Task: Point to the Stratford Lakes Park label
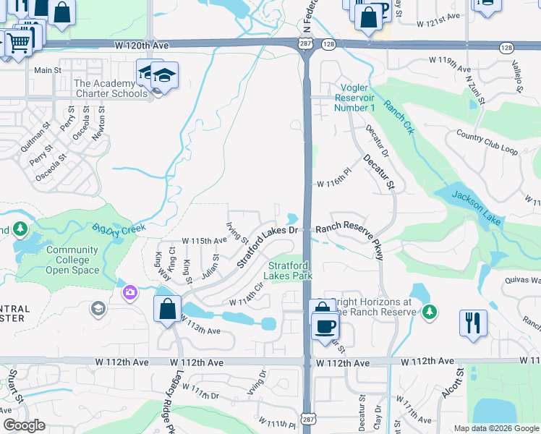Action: (x=291, y=271)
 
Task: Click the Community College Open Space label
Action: (x=72, y=260)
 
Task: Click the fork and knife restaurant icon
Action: (x=473, y=322)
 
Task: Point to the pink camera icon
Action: (x=130, y=293)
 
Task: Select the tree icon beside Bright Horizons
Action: (x=430, y=312)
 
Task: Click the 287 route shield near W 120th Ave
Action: (x=304, y=45)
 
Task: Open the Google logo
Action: (x=24, y=426)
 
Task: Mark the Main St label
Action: (x=48, y=70)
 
